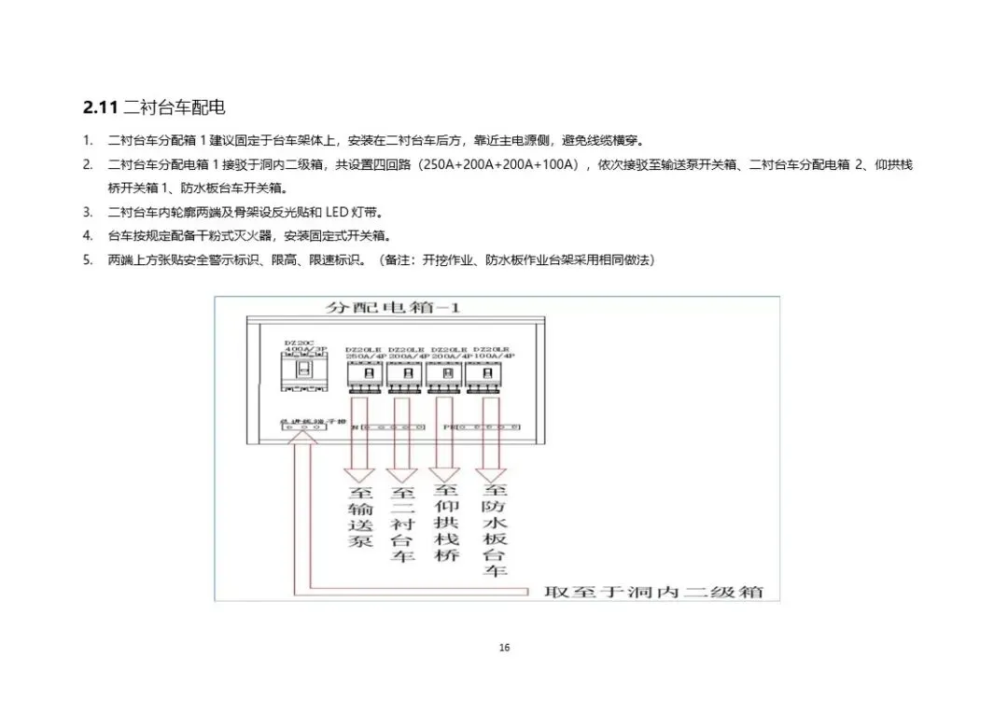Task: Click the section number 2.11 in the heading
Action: [x=100, y=108]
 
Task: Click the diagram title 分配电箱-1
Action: [x=392, y=307]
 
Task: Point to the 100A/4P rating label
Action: [x=495, y=356]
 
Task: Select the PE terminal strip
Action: [x=484, y=426]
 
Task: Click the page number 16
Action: [x=504, y=648]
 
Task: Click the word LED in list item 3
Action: [x=337, y=212]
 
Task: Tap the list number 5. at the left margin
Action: [x=88, y=259]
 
